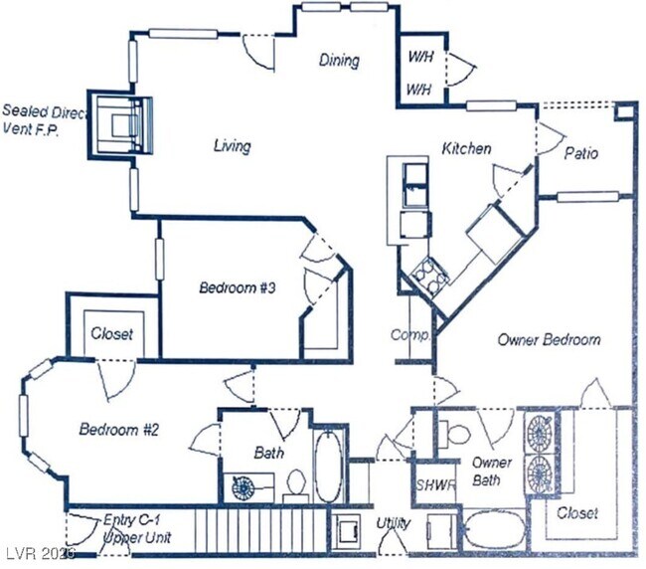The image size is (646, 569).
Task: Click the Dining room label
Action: (338, 61)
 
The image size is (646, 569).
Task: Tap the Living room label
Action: (232, 146)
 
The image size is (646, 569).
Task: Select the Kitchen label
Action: (466, 148)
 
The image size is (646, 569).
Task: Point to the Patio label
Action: (580, 154)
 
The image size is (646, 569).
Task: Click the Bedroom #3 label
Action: (237, 288)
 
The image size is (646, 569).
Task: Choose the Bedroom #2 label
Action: (119, 430)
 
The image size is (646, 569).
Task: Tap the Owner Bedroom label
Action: (549, 339)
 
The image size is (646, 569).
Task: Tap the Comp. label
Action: (409, 335)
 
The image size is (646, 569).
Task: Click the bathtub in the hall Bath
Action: (327, 465)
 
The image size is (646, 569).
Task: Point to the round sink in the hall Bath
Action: (243, 487)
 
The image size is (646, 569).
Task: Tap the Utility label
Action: (394, 521)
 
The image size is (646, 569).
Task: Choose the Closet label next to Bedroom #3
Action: (111, 334)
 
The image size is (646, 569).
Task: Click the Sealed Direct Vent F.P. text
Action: (43, 119)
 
